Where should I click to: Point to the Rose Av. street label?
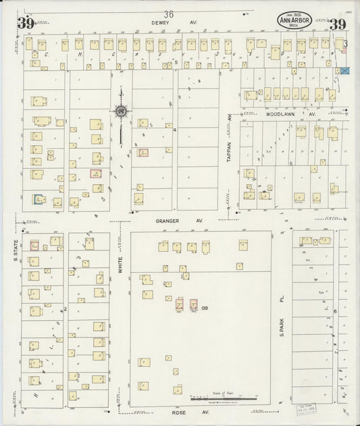pos(180,411)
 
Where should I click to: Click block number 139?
pos(204,308)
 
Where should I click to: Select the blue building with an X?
pos(346,70)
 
